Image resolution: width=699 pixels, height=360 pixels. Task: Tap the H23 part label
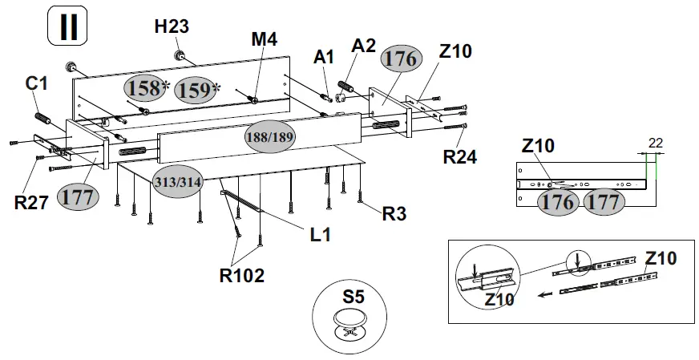(172, 26)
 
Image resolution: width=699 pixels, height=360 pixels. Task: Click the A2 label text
(363, 45)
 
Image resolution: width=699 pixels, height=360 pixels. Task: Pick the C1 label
(37, 83)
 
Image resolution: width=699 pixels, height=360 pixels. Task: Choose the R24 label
(460, 156)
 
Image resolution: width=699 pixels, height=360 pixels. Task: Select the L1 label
(321, 234)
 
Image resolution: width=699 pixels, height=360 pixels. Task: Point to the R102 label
(241, 276)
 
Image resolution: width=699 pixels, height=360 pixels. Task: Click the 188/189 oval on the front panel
(269, 137)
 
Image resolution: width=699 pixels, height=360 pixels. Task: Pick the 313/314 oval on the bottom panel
(178, 183)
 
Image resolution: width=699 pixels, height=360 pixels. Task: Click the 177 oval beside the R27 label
(78, 196)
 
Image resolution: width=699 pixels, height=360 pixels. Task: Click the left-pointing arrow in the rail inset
(545, 294)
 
